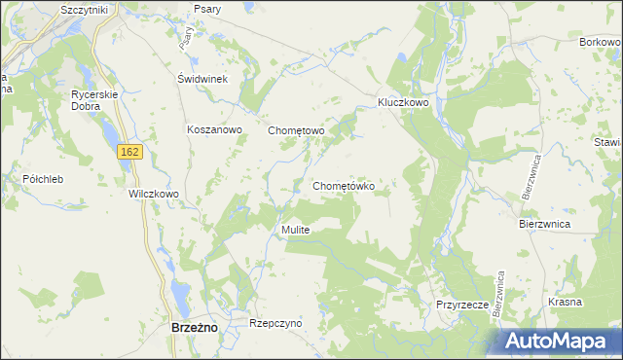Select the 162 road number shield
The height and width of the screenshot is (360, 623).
[x=131, y=152]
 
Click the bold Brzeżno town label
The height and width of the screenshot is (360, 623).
[x=194, y=329]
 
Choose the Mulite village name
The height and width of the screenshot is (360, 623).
[x=295, y=230]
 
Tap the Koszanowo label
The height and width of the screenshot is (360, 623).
[x=214, y=129]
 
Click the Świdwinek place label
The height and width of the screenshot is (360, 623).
[x=202, y=80]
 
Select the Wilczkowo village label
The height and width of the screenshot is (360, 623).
[x=154, y=194]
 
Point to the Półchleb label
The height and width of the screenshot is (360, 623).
[x=43, y=179]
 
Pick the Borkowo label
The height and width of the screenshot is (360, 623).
[x=600, y=43]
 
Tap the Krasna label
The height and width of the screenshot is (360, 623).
[x=565, y=302]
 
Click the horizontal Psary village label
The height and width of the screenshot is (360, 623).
[x=207, y=9]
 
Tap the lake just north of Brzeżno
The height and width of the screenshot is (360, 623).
[x=179, y=292]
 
